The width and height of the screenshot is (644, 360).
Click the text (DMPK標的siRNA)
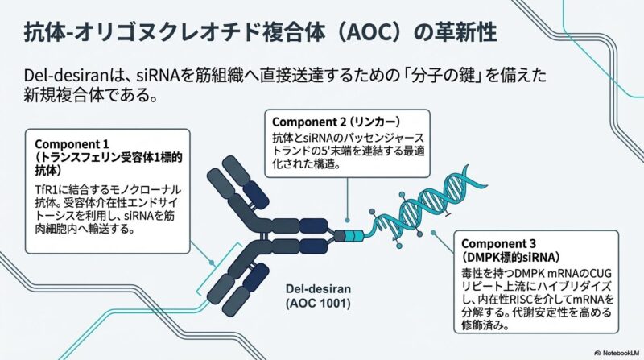pyautogui.click(x=506, y=257)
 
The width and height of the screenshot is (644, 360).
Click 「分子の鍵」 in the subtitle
pyautogui.click(x=448, y=76)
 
